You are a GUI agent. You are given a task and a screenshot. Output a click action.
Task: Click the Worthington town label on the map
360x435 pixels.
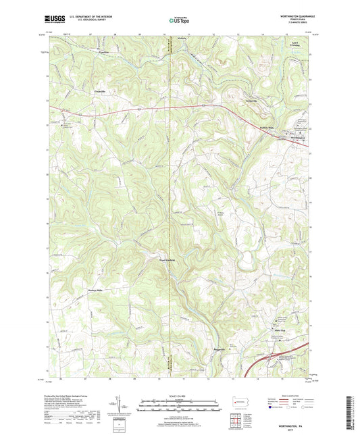pyautogui.click(x=294, y=140)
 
